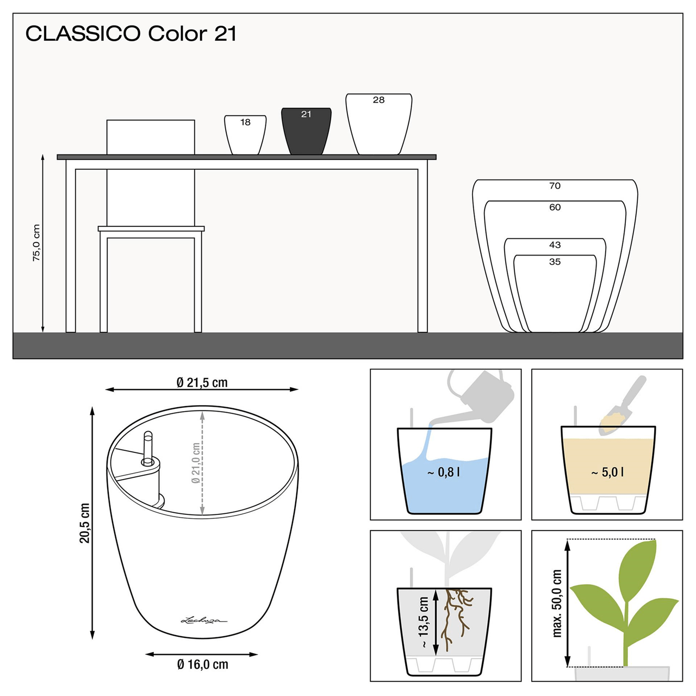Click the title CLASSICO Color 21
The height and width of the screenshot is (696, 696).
(x=131, y=34)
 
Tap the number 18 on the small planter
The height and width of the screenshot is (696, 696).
(x=245, y=122)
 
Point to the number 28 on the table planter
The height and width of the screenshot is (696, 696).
(x=378, y=100)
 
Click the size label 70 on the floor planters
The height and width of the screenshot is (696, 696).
(x=555, y=186)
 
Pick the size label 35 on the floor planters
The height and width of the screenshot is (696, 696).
(x=555, y=262)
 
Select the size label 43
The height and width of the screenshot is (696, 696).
(x=555, y=245)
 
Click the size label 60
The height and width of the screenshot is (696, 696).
(x=555, y=207)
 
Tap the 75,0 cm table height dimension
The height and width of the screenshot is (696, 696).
(x=36, y=243)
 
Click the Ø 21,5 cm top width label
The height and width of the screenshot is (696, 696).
(x=202, y=383)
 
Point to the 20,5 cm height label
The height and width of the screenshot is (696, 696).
(x=85, y=523)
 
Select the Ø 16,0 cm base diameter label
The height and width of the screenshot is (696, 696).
(x=202, y=664)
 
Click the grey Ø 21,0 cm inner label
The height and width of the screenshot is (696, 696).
(x=196, y=463)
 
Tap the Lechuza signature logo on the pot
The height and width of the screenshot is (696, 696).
(x=203, y=620)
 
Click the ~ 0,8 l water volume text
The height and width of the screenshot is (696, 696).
(x=444, y=473)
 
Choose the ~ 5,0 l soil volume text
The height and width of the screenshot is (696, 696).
(x=607, y=473)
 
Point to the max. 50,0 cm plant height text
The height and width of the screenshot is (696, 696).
(x=557, y=603)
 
